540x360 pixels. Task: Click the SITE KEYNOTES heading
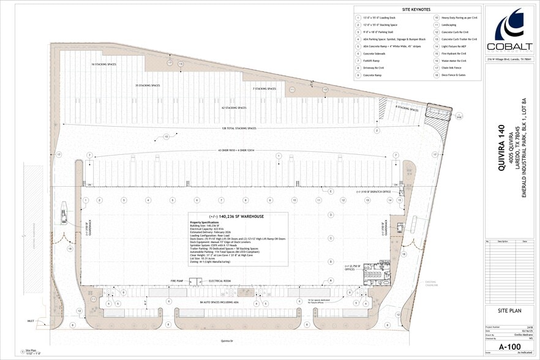(x=416, y=10)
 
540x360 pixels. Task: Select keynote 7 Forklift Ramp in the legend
(x=373, y=61)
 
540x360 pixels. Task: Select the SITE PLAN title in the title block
(x=510, y=311)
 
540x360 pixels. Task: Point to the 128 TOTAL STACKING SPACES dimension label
(x=239, y=128)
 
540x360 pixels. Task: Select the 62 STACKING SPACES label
(x=234, y=108)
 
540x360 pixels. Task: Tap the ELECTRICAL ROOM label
(x=219, y=281)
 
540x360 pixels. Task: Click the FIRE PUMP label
(x=178, y=281)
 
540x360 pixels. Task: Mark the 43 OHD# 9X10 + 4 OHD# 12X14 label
(x=239, y=149)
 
